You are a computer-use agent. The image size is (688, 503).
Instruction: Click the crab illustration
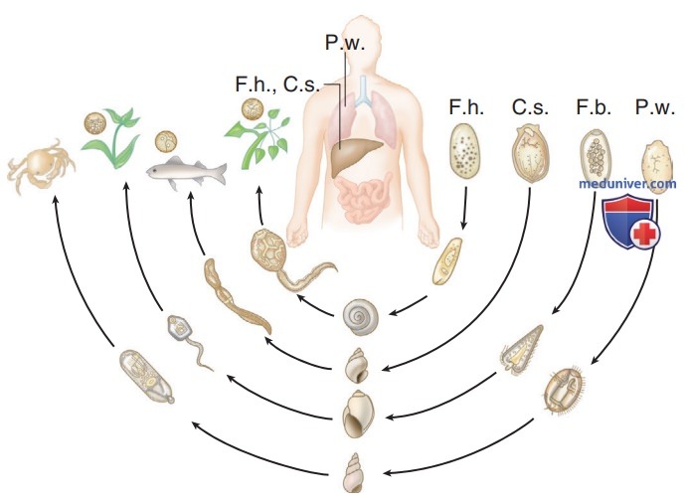click(41, 166)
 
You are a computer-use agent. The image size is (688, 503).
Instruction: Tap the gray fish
click(187, 171)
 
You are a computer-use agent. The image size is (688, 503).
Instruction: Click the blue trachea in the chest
click(364, 91)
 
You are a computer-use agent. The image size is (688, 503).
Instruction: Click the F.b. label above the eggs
click(594, 107)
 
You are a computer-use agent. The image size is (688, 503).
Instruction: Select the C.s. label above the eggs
click(530, 107)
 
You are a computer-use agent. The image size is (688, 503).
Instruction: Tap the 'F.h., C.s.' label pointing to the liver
click(277, 84)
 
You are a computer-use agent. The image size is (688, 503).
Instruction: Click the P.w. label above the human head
click(345, 43)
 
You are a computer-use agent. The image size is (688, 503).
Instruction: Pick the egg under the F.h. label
click(465, 151)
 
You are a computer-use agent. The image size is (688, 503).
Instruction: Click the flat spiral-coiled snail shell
click(360, 317)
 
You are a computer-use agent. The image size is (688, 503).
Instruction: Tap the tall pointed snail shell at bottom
click(354, 473)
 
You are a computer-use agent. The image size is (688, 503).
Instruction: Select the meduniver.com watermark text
click(627, 184)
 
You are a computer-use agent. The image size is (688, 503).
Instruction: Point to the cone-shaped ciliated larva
click(521, 350)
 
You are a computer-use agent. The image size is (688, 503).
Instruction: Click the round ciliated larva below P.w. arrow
click(565, 389)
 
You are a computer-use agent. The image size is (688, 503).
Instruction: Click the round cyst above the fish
click(166, 141)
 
